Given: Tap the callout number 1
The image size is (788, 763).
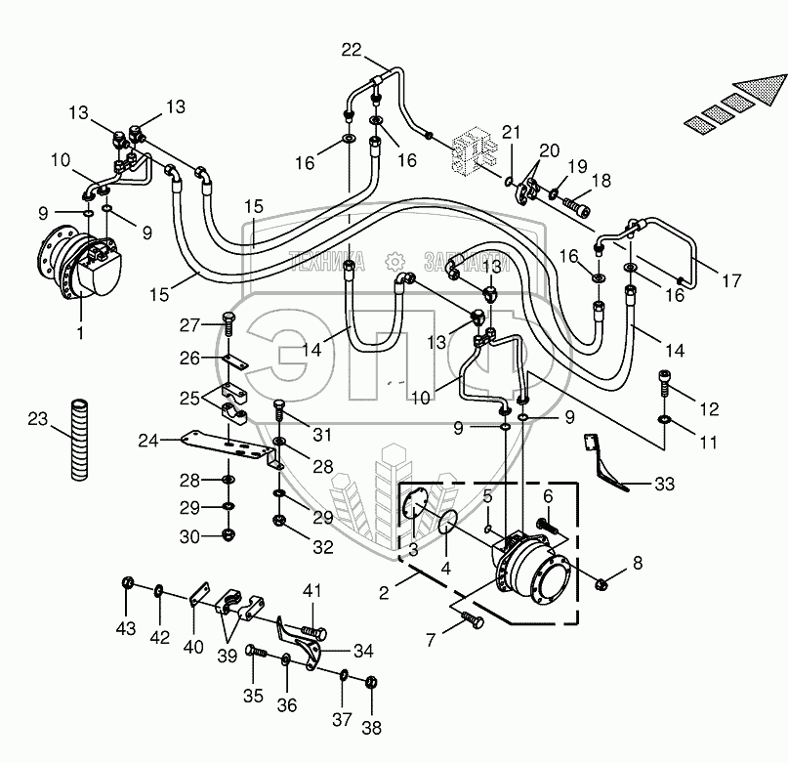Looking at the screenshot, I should pyautogui.click(x=81, y=333).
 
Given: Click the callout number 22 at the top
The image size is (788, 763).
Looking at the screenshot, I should pyautogui.click(x=352, y=51).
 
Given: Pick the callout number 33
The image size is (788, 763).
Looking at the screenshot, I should pyautogui.click(x=665, y=483).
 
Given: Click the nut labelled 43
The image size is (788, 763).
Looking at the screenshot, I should pyautogui.click(x=127, y=584).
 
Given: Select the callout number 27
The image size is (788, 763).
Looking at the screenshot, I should pyautogui.click(x=189, y=325).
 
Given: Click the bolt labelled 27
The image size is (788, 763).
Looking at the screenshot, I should pyautogui.click(x=228, y=317).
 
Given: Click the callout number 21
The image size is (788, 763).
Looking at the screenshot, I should pyautogui.click(x=513, y=132).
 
